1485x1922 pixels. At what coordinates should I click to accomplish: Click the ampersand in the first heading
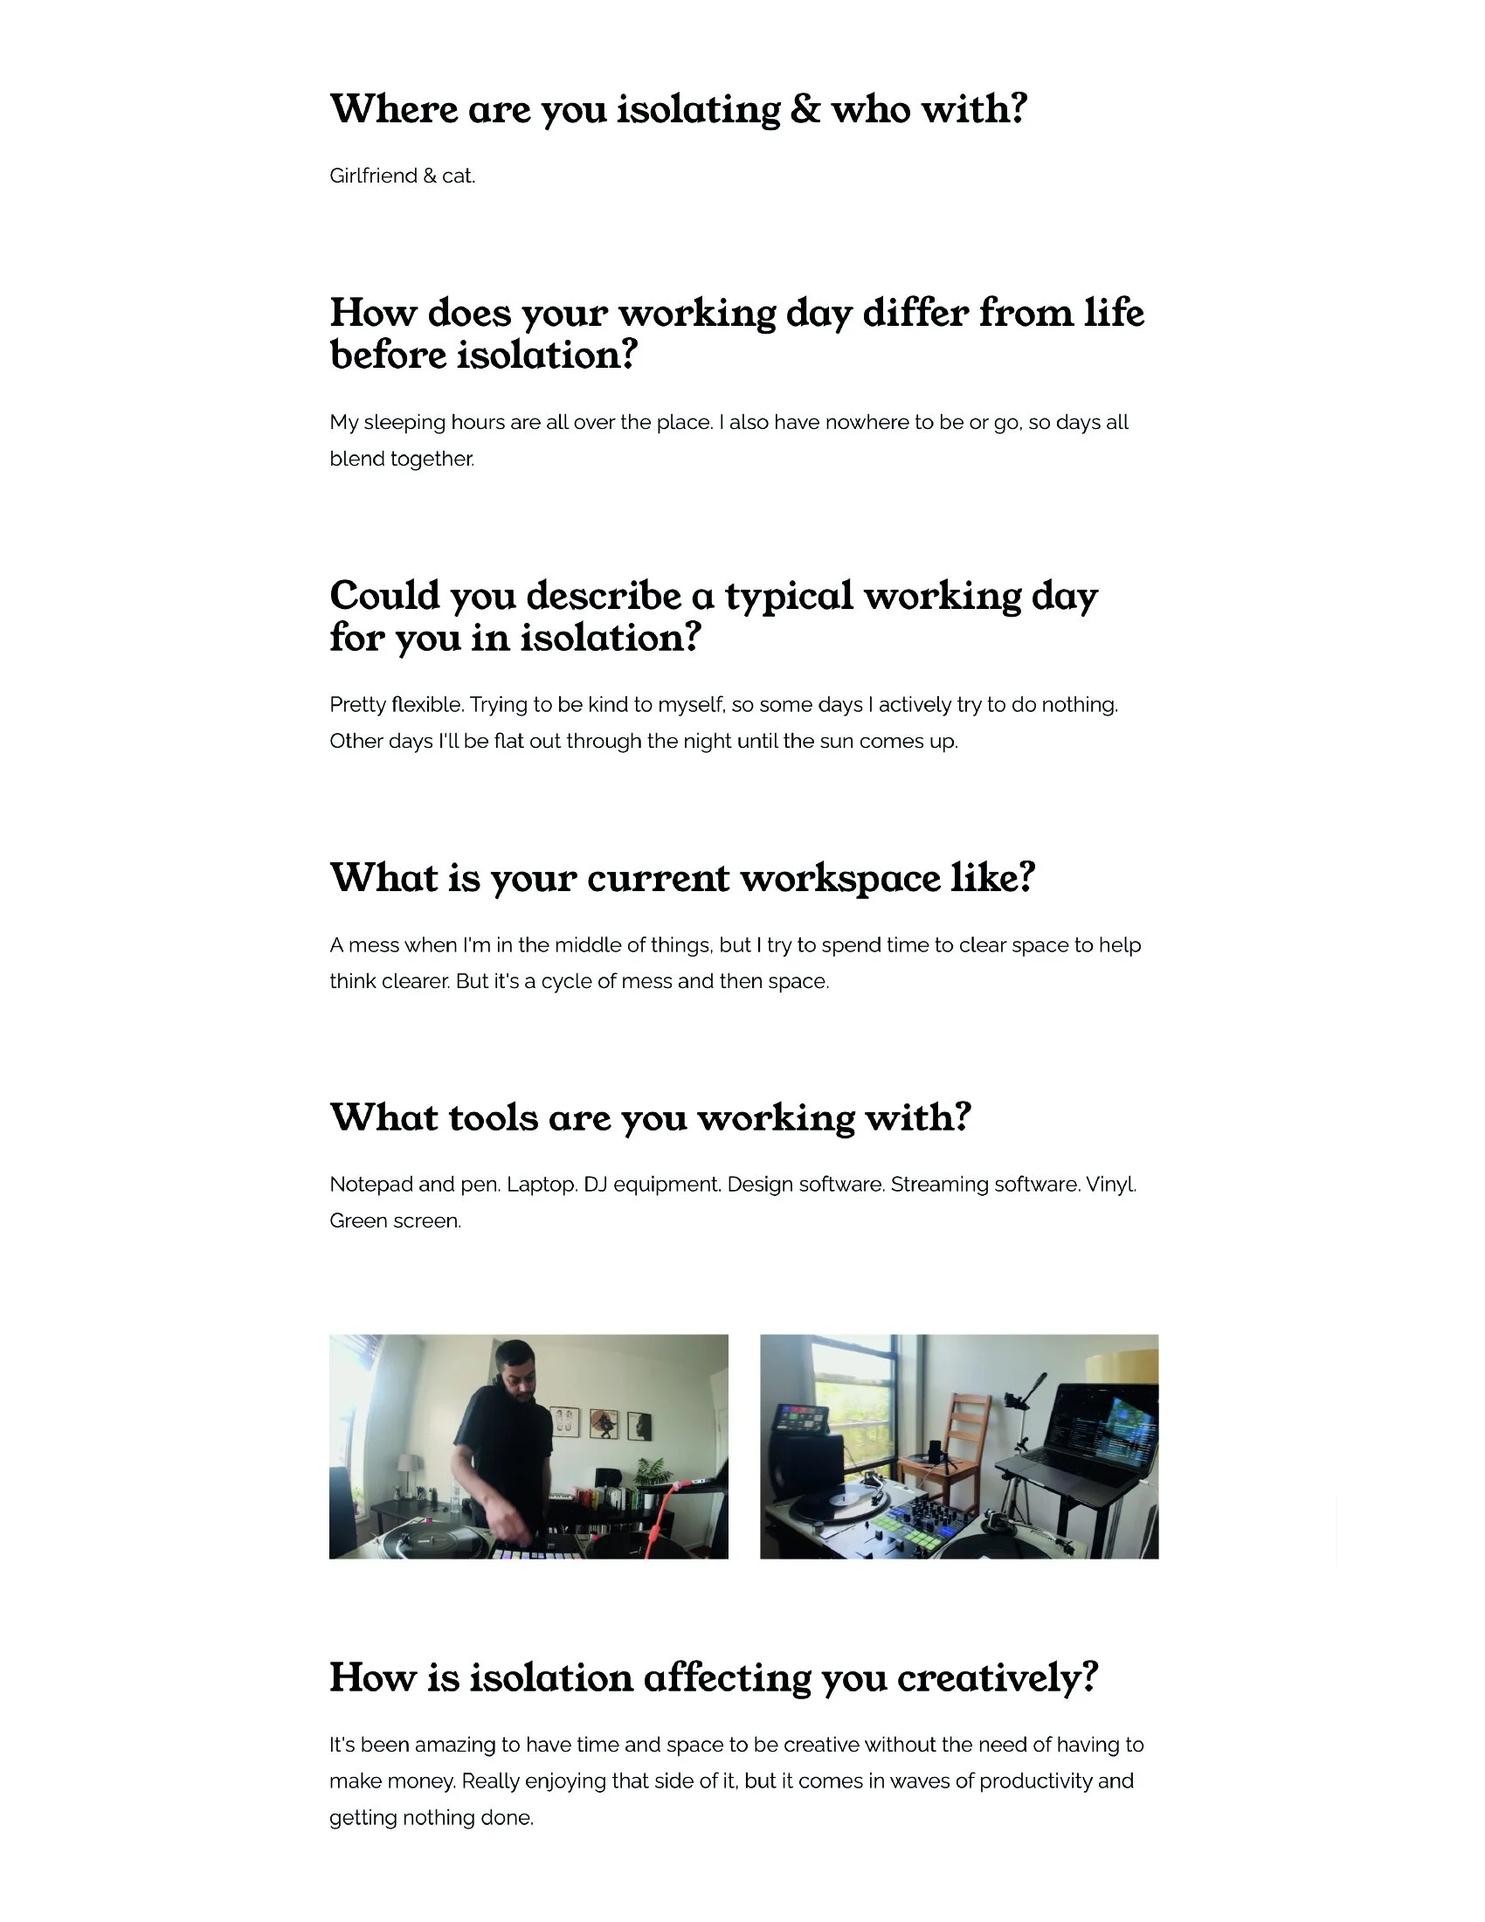[x=804, y=110]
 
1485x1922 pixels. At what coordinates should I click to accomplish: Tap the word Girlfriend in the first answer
[x=373, y=176]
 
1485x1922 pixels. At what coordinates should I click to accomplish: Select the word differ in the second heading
[x=915, y=314]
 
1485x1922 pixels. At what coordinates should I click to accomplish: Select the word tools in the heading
[x=494, y=1117]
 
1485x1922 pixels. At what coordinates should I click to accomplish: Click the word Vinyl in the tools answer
[x=1110, y=1185]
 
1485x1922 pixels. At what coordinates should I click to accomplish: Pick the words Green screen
[x=395, y=1221]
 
